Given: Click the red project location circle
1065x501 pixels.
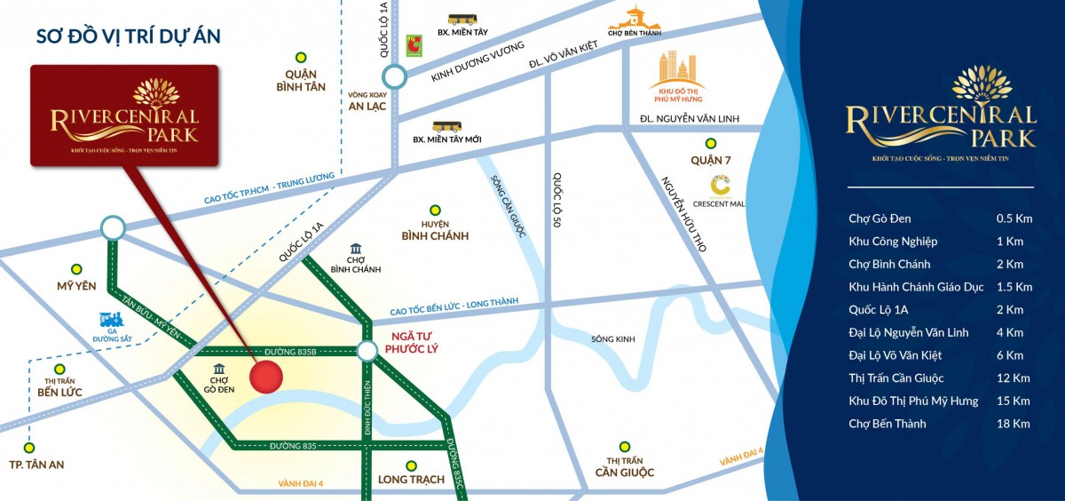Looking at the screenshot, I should [266, 378].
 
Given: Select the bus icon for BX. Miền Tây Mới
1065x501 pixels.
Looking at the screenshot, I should [444, 128].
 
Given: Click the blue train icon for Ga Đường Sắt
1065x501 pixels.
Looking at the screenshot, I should [109, 321].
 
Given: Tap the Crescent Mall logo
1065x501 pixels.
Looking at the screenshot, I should [720, 186].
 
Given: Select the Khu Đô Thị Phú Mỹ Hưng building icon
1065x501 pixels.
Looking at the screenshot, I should [677, 70].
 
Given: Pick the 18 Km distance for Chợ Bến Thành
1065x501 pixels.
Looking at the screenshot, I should [1013, 424].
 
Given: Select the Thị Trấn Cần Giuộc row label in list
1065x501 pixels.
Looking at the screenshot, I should [895, 378].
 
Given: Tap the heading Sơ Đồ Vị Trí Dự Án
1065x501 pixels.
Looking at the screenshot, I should [128, 36].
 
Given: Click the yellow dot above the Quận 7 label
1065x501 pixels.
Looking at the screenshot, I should [709, 143].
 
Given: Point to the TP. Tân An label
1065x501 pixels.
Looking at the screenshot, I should [36, 465].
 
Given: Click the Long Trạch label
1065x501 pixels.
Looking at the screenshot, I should [410, 481].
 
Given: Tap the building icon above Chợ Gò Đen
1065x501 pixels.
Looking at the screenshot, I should [219, 369].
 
